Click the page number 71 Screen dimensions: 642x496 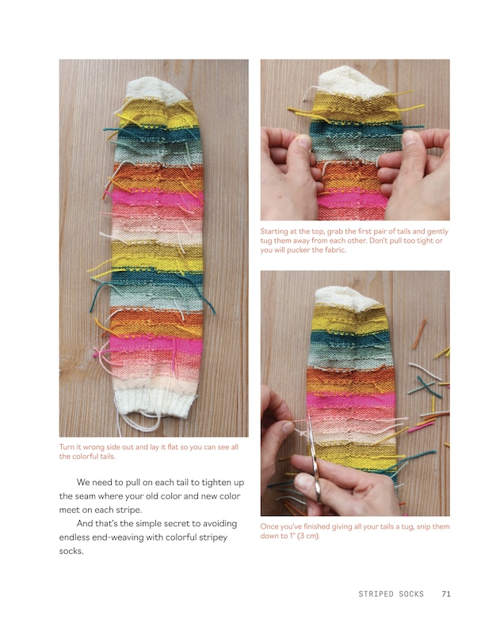point(446,594)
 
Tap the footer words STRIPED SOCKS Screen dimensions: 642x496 point(391,594)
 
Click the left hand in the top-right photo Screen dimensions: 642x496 point(288,170)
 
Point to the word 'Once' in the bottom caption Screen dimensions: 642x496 point(270,526)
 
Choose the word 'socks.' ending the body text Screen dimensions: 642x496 point(71,552)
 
